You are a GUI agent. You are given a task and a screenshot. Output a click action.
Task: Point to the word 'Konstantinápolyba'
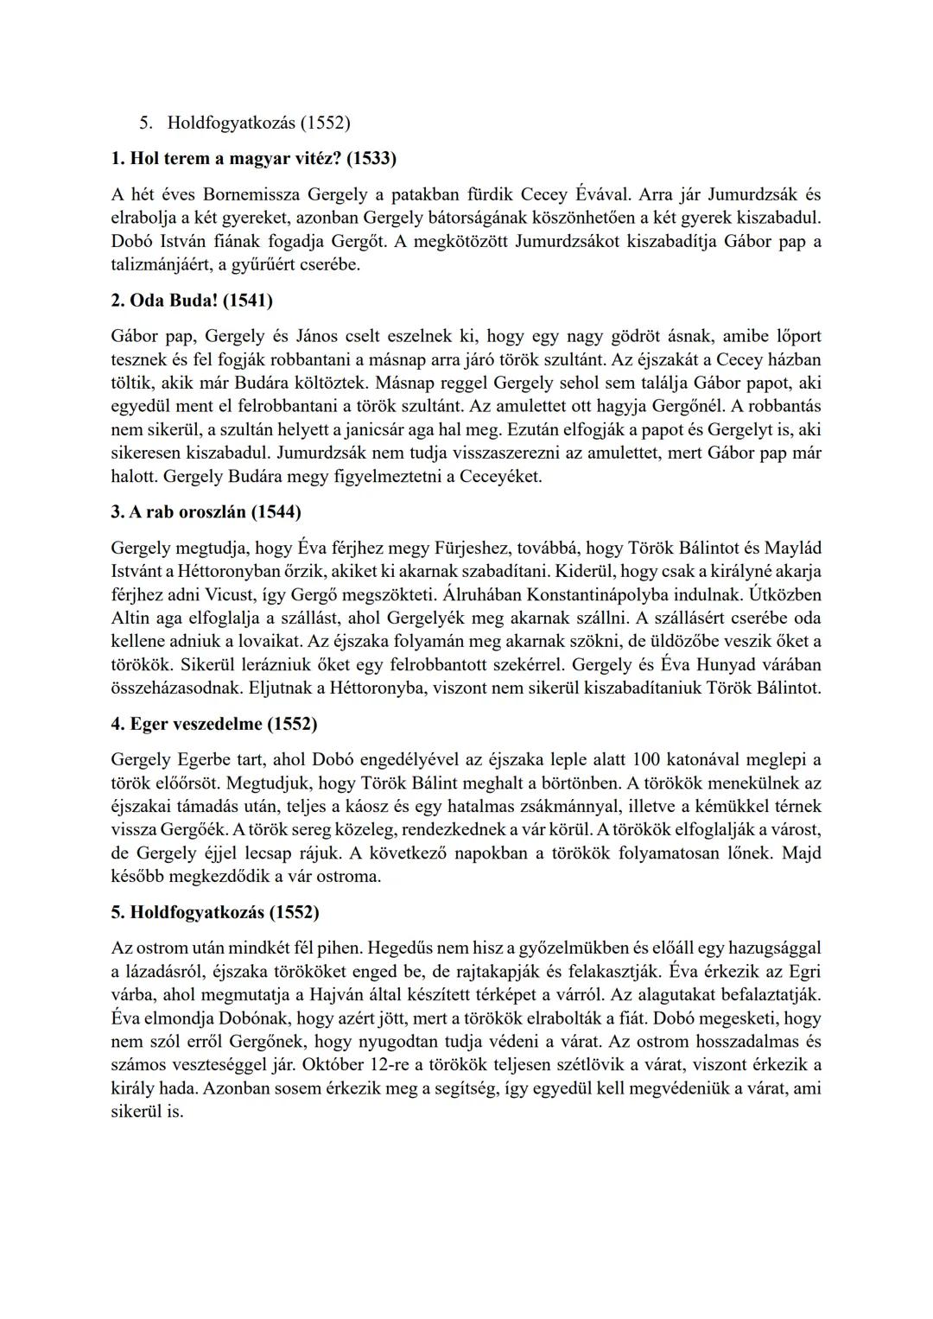click(x=603, y=595)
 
